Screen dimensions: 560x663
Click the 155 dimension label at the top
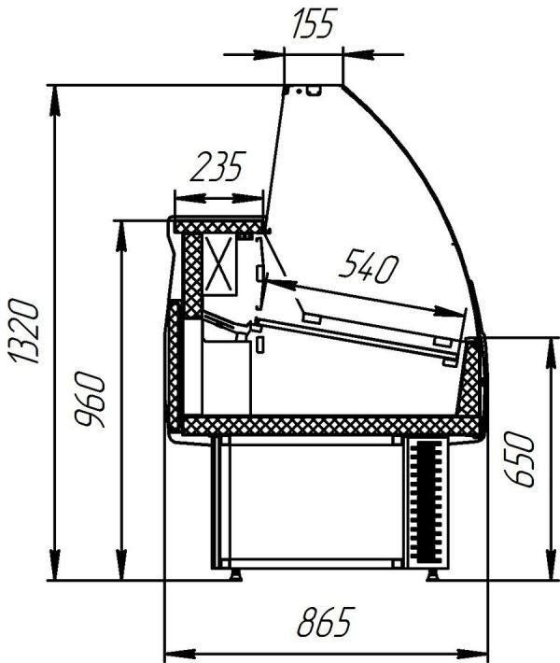coord(313,23)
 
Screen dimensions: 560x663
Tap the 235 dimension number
coord(217,166)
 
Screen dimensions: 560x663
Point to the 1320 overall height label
coord(24,331)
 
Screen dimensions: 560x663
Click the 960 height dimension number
coord(90,399)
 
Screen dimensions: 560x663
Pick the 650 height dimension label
coord(520,459)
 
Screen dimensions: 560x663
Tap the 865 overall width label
coord(324,622)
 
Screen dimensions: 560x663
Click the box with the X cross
coord(219,265)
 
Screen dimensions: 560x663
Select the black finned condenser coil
coord(428,501)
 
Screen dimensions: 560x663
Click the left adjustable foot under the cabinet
coord(234,574)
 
